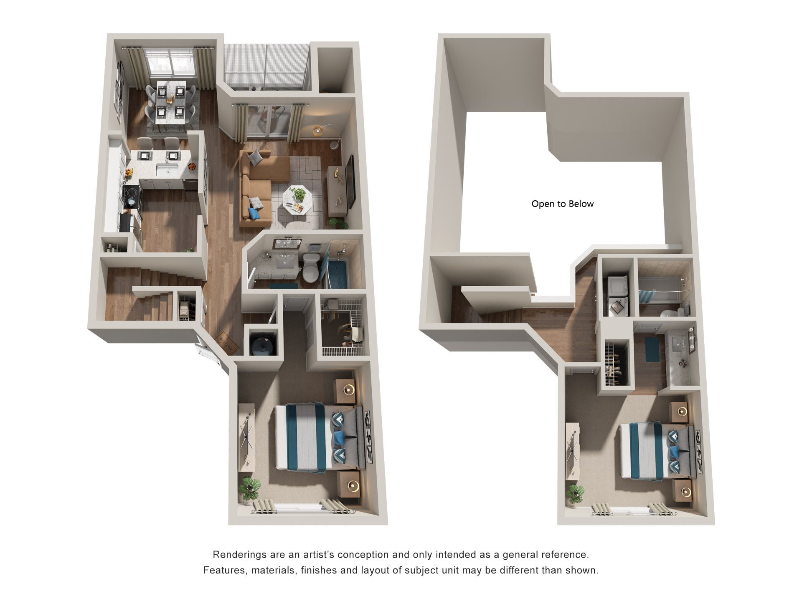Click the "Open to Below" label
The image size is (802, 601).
coord(562,204)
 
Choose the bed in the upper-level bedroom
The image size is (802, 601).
coord(654,451)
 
